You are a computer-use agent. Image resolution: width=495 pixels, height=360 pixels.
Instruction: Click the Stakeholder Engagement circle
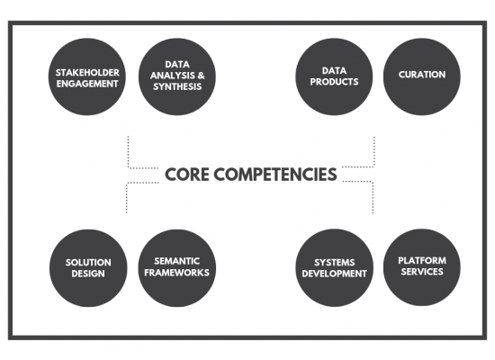pyautogui.click(x=87, y=76)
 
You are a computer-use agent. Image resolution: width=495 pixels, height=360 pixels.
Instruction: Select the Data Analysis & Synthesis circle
pyautogui.click(x=177, y=76)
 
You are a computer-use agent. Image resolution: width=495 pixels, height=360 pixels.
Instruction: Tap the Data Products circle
pyautogui.click(x=334, y=76)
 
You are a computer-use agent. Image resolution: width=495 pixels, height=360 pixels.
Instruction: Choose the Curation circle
pyautogui.click(x=422, y=76)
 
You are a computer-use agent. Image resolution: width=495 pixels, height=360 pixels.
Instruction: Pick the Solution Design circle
pyautogui.click(x=88, y=268)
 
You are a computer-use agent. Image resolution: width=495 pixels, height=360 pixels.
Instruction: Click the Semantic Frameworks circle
pyautogui.click(x=177, y=268)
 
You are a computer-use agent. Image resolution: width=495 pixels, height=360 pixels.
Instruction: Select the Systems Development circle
pyautogui.click(x=334, y=268)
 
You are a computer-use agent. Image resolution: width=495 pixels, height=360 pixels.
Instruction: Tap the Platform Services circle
pyautogui.click(x=422, y=267)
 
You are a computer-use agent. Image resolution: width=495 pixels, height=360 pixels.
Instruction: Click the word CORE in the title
pyautogui.click(x=186, y=175)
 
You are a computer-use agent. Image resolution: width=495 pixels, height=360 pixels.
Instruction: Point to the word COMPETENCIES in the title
pyautogui.click(x=275, y=175)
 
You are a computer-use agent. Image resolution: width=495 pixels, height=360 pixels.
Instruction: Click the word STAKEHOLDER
pyautogui.click(x=87, y=73)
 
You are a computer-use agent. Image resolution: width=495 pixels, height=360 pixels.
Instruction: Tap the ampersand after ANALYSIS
pyautogui.click(x=201, y=76)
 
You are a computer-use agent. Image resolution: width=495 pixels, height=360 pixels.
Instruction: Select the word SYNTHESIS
pyautogui.click(x=177, y=86)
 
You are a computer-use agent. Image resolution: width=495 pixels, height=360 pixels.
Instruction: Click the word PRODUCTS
pyautogui.click(x=334, y=82)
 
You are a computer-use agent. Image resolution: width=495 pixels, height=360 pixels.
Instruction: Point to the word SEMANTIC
pyautogui.click(x=177, y=261)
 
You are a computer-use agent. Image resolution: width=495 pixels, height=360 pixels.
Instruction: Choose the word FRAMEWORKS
pyautogui.click(x=176, y=272)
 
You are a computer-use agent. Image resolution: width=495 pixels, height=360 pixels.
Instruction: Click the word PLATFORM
pyautogui.click(x=422, y=260)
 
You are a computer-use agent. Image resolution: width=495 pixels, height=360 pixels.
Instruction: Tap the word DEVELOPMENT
pyautogui.click(x=334, y=274)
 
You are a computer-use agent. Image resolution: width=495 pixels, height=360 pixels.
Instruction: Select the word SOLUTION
pyautogui.click(x=88, y=263)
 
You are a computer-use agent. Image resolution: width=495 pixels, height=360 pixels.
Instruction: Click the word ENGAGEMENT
pyautogui.click(x=87, y=84)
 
